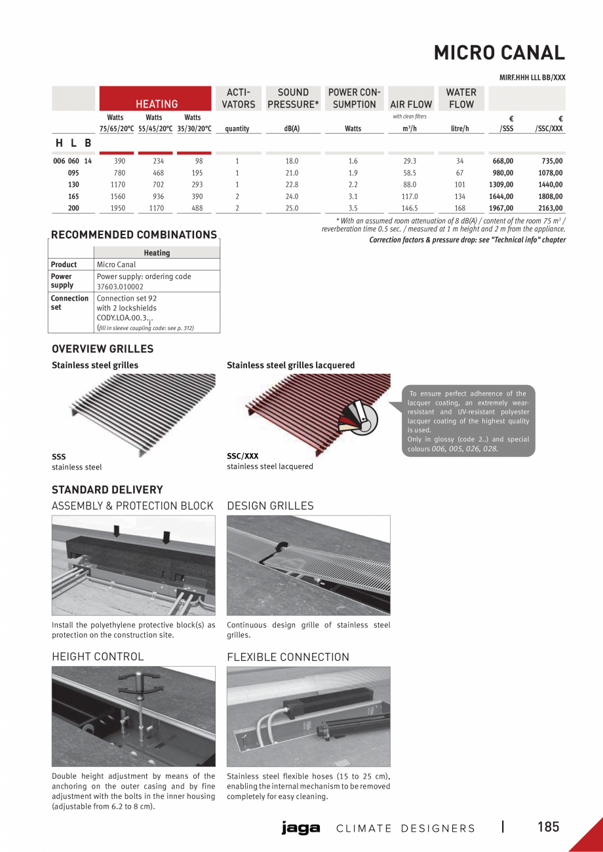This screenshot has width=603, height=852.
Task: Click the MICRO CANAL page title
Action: click(x=499, y=52)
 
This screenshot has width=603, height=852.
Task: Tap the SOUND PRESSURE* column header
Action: click(x=293, y=98)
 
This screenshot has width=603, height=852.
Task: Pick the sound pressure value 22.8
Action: click(x=292, y=185)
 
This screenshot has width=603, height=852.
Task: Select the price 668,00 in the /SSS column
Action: click(x=503, y=161)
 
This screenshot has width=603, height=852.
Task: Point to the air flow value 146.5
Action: click(x=410, y=208)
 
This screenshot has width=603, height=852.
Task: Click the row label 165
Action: click(x=73, y=196)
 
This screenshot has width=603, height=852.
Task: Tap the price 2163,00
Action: click(x=550, y=208)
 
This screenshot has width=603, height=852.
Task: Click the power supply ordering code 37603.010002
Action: click(x=120, y=286)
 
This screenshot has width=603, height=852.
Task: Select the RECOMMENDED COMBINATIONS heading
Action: click(x=134, y=234)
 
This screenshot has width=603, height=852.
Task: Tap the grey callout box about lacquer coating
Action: click(x=468, y=420)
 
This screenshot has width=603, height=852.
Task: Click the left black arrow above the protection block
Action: click(x=116, y=530)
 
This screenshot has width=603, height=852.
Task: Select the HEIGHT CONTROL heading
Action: click(x=98, y=656)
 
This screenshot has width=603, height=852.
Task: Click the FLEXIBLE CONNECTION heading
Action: click(x=288, y=657)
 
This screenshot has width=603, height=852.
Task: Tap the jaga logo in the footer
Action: click(x=301, y=828)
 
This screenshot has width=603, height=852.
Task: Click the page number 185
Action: click(x=548, y=827)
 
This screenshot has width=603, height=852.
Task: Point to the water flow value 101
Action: click(x=459, y=185)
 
